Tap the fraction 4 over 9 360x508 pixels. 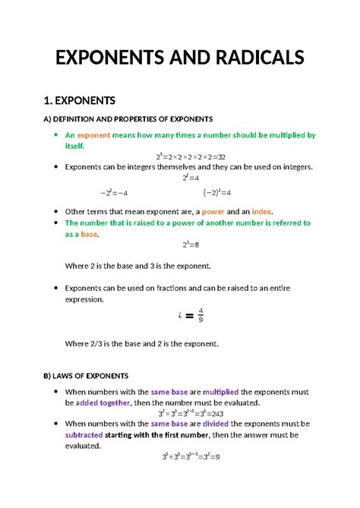coord(201,314)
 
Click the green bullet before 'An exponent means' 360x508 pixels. coord(56,134)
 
